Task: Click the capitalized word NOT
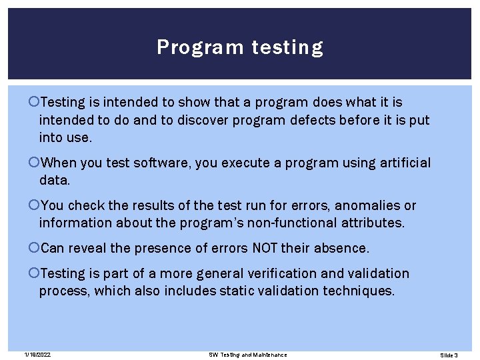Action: pyautogui.click(x=265, y=249)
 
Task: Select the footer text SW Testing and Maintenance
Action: pyautogui.click(x=247, y=355)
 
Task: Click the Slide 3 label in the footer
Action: pyautogui.click(x=449, y=355)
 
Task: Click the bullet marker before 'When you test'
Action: pyautogui.click(x=35, y=163)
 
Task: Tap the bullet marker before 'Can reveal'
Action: pyautogui.click(x=35, y=249)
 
